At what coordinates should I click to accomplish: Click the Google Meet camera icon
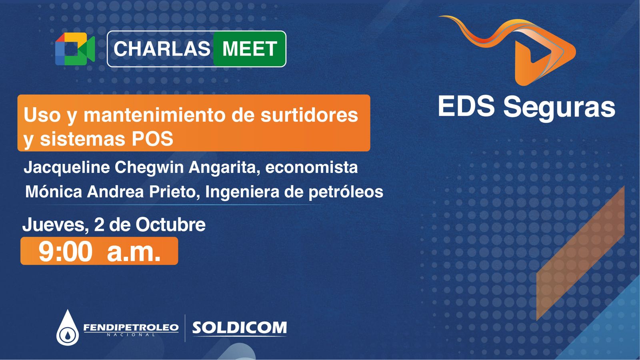pyautogui.click(x=75, y=49)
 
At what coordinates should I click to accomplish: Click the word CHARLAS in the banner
pyautogui.click(x=162, y=48)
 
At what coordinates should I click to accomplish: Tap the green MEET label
pyautogui.click(x=250, y=48)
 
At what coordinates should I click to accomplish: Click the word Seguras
pyautogui.click(x=559, y=108)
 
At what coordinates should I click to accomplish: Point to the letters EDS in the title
pyautogui.click(x=466, y=106)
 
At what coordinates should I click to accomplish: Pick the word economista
pyautogui.click(x=312, y=168)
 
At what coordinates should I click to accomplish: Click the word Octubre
pyautogui.click(x=170, y=225)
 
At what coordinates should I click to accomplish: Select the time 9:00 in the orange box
pyautogui.click(x=66, y=252)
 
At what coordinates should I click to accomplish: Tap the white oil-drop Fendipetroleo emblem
pyautogui.click(x=68, y=328)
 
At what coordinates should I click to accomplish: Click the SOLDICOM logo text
pyautogui.click(x=240, y=328)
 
